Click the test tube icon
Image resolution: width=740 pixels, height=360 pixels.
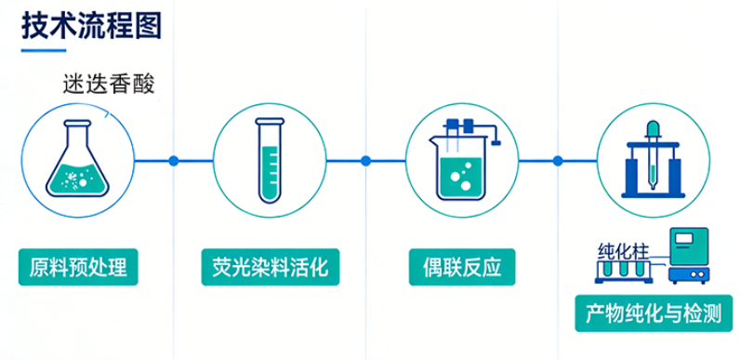click(269, 159)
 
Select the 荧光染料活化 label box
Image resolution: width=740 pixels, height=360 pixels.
click(269, 268)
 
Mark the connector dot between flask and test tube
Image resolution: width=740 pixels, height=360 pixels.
click(173, 161)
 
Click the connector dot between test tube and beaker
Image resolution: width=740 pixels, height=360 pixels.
click(365, 161)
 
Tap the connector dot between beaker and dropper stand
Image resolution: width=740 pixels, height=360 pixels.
click(558, 161)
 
